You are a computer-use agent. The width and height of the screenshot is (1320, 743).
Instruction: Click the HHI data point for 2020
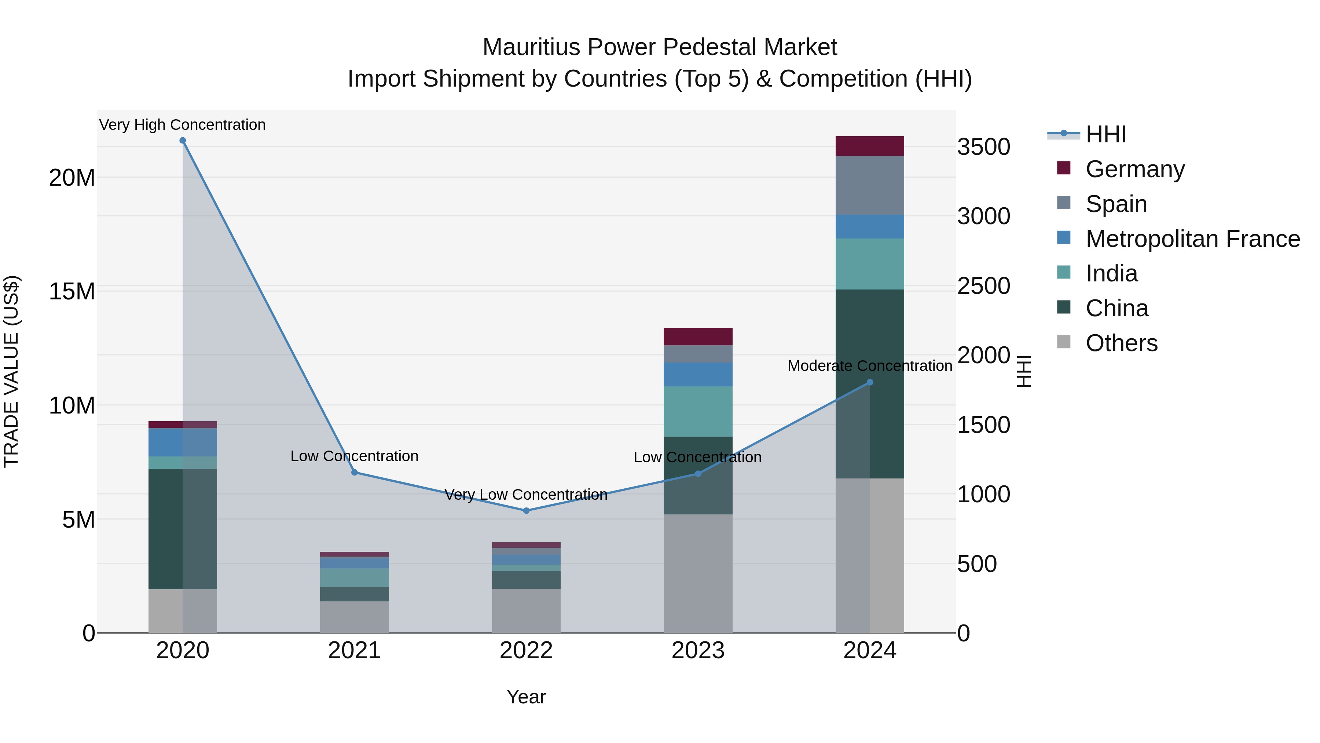183,141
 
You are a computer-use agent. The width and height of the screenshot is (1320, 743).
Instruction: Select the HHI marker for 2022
526,511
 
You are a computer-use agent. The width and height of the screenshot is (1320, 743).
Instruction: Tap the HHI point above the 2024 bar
870,383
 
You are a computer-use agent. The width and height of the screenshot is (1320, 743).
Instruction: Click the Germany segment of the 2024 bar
870,146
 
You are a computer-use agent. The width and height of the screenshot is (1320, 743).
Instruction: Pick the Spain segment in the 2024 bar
870,185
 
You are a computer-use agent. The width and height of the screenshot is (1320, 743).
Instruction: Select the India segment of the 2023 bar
698,411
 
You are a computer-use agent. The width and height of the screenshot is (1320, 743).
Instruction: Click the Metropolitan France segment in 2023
698,374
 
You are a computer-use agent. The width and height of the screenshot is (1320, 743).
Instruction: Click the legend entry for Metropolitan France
1192,239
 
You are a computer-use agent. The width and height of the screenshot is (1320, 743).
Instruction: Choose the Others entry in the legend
1121,343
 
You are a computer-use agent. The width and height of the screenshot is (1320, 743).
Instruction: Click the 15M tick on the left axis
72,291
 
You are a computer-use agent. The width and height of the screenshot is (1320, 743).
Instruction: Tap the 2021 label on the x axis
354,651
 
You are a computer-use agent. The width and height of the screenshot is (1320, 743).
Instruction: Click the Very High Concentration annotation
183,125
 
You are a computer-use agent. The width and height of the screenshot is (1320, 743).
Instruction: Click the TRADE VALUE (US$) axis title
11,371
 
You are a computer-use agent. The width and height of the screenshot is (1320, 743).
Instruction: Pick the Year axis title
526,697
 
